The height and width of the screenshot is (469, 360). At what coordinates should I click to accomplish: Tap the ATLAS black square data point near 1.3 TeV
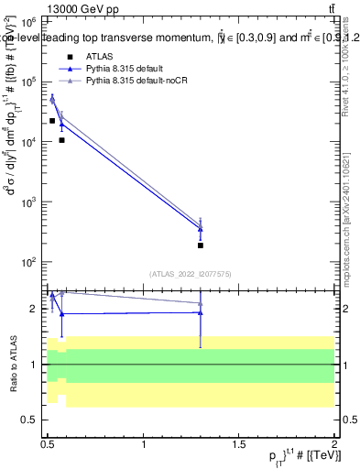(x=200, y=245)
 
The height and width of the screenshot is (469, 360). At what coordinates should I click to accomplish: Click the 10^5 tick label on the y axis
(x=28, y=82)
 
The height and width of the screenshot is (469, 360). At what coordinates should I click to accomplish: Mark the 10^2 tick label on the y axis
(x=28, y=262)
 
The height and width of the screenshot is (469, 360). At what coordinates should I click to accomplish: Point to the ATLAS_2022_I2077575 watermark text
(x=190, y=273)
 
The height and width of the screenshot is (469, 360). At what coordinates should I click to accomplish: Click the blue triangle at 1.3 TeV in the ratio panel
(x=200, y=312)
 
